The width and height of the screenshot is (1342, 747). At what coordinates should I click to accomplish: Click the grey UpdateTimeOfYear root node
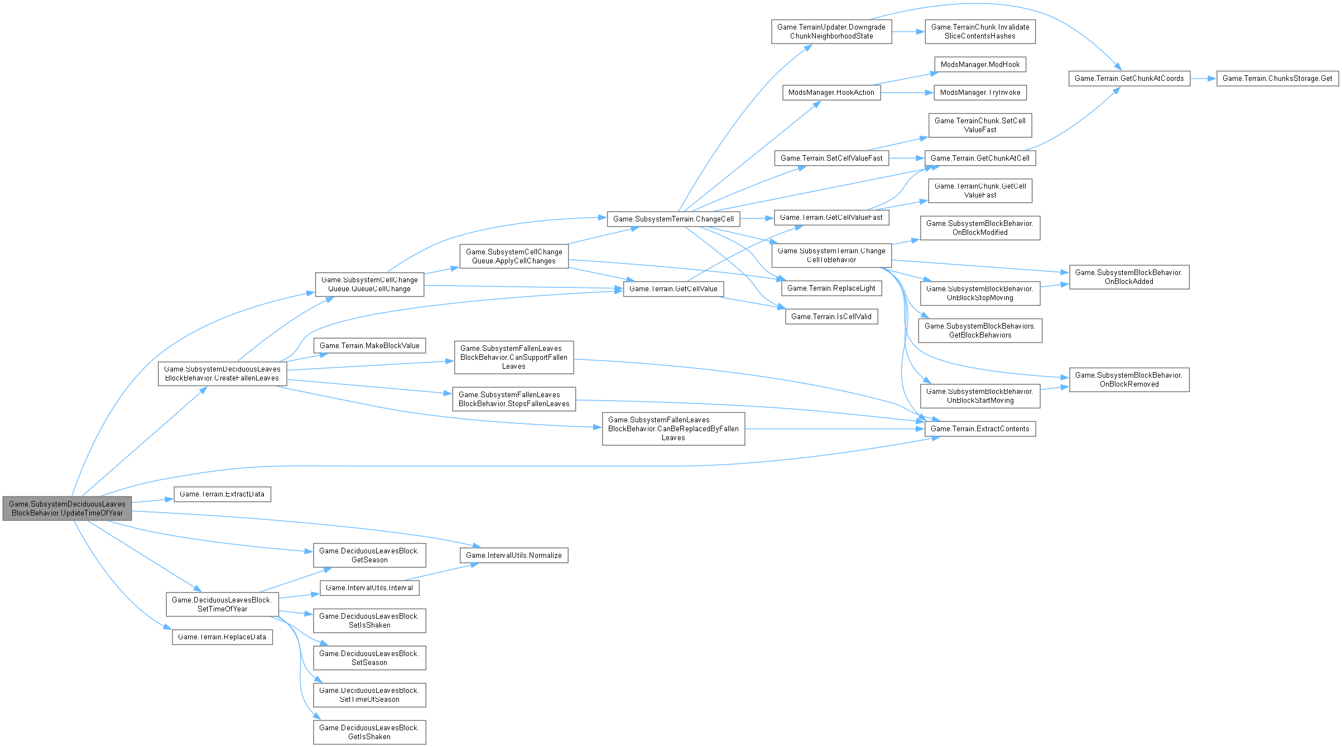click(67, 508)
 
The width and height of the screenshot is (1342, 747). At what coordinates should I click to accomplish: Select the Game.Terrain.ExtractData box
click(222, 494)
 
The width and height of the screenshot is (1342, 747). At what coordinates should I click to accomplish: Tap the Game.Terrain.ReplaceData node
click(222, 637)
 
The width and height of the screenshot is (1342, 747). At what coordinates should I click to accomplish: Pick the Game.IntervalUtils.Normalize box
click(513, 555)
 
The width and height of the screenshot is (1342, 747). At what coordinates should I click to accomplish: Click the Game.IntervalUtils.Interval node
click(369, 588)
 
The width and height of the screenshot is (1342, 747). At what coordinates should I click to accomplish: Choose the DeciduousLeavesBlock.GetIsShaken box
click(369, 732)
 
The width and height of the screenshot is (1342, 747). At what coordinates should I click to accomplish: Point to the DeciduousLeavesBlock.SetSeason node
click(369, 658)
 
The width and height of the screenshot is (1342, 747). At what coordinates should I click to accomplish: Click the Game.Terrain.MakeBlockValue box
click(369, 346)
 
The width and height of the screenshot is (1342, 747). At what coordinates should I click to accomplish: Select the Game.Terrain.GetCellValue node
click(673, 289)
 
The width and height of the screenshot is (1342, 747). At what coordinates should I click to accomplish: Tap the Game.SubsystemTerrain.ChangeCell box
click(673, 219)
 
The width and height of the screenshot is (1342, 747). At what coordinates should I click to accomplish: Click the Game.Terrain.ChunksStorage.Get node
click(1277, 79)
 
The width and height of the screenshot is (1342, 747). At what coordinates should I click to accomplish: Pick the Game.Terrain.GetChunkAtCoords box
click(1129, 79)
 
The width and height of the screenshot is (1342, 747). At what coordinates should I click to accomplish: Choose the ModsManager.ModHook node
click(980, 65)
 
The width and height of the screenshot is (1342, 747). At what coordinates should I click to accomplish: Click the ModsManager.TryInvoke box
click(980, 93)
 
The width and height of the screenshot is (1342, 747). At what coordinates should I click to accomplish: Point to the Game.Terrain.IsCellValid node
click(831, 317)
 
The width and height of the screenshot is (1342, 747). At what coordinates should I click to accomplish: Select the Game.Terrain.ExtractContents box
click(980, 429)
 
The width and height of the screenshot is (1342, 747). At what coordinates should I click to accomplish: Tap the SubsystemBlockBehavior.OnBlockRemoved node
click(1129, 379)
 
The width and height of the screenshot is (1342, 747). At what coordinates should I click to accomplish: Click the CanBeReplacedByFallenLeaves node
click(673, 429)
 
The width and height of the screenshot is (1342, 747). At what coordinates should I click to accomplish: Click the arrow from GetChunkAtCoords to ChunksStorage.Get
click(1202, 79)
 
